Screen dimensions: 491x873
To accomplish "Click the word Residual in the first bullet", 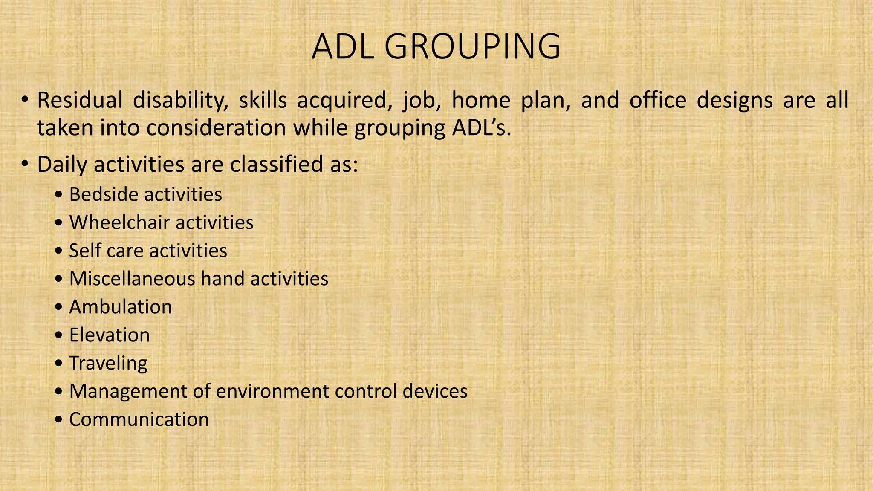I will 80,101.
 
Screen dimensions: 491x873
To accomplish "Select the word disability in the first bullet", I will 181,101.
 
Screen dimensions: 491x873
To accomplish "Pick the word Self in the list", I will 83,251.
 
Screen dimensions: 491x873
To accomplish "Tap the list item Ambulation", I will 121,307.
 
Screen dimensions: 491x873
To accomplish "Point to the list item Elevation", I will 110,335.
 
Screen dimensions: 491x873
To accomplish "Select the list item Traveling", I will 108,363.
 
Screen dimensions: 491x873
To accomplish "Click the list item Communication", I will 139,419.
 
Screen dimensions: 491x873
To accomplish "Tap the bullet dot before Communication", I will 59,420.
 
